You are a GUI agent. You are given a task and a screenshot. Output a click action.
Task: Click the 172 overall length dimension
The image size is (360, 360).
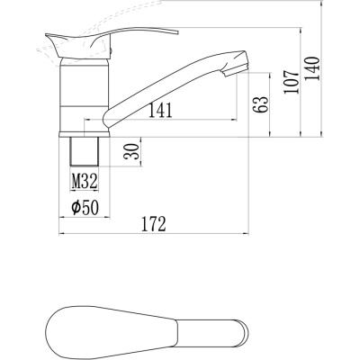click(153, 224)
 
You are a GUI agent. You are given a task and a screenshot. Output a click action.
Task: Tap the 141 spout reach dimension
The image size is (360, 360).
click(160, 110)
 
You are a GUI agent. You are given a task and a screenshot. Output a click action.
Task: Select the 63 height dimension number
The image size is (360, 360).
click(260, 104)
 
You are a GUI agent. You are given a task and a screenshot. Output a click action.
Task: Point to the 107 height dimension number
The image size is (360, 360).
click(292, 82)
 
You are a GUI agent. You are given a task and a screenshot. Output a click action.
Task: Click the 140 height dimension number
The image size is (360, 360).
click(312, 68)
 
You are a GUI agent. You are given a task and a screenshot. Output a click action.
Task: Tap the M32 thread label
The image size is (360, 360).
click(85, 181)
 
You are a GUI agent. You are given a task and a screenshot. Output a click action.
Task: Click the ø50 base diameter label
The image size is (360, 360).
click(85, 207)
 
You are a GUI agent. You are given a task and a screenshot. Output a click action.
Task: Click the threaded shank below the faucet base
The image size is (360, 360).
click(85, 151)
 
